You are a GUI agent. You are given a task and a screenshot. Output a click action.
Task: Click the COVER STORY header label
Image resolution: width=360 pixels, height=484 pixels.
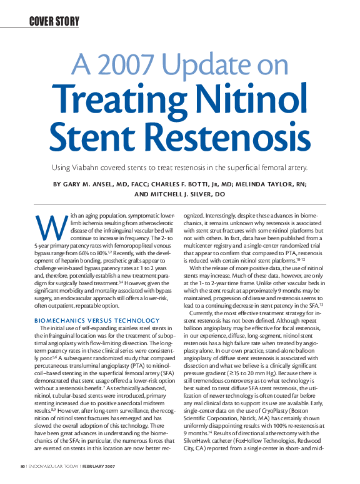(54, 22)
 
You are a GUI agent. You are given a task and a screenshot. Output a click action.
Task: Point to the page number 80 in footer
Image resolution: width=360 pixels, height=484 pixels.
(21, 466)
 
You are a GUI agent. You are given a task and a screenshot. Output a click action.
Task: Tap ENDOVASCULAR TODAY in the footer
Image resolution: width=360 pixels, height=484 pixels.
(50, 466)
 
